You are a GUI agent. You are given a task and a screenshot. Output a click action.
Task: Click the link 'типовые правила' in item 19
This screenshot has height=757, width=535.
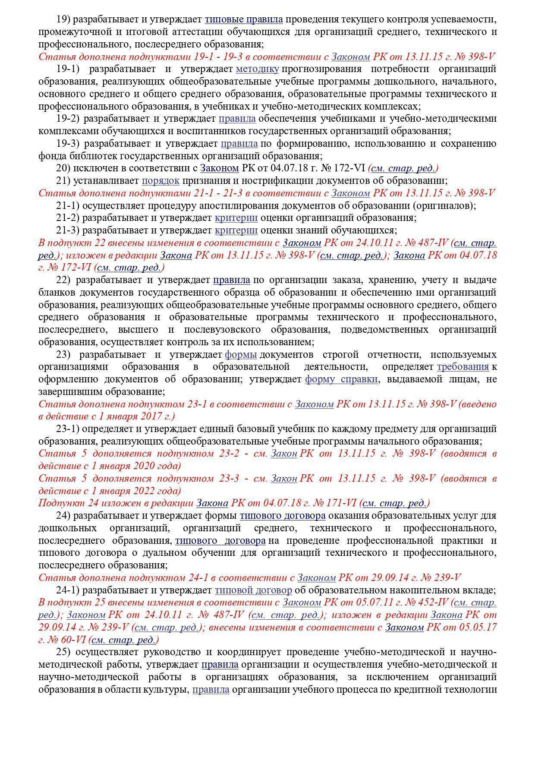pyautogui.click(x=243, y=19)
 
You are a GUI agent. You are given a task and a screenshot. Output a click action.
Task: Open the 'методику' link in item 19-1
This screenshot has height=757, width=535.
pyautogui.click(x=258, y=69)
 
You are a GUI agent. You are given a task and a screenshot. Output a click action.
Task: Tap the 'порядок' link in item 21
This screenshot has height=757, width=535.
pyautogui.click(x=160, y=180)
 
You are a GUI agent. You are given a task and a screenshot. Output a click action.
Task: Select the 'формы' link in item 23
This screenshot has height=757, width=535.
pyautogui.click(x=241, y=355)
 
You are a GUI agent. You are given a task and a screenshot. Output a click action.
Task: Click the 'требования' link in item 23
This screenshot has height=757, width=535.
pyautogui.click(x=463, y=367)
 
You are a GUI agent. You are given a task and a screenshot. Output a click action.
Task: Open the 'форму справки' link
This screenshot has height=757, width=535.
pyautogui.click(x=341, y=379)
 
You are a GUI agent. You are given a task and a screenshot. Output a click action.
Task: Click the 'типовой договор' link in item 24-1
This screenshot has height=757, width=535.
pyautogui.click(x=253, y=590)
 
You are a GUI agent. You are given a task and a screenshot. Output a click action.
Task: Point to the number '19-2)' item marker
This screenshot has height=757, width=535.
pyautogui.click(x=68, y=119)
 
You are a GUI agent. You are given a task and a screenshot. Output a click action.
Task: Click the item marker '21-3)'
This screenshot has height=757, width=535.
pyautogui.click(x=68, y=230)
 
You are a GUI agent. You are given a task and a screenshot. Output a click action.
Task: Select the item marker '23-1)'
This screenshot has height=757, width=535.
pyautogui.click(x=68, y=429)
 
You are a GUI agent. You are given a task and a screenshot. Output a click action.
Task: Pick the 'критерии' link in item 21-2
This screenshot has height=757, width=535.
pyautogui.click(x=236, y=218)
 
